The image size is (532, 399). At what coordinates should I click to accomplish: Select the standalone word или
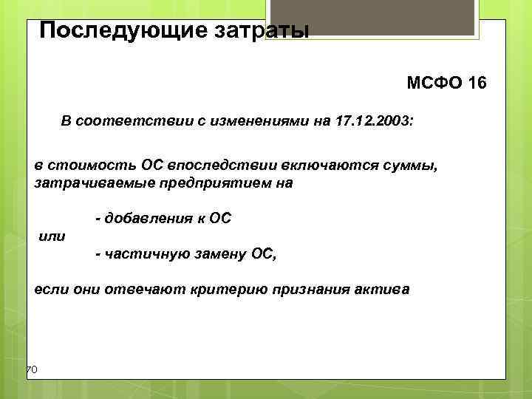(51, 236)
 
